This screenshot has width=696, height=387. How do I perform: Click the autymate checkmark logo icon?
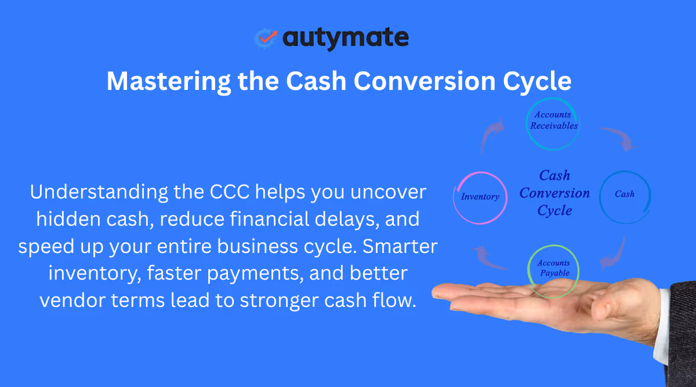pyautogui.click(x=266, y=38)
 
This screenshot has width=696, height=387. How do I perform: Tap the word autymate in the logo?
pyautogui.click(x=346, y=38)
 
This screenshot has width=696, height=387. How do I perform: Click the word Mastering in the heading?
pyautogui.click(x=168, y=81)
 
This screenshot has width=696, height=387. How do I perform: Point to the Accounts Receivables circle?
pyautogui.click(x=553, y=124)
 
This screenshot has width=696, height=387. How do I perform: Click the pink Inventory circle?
pyautogui.click(x=480, y=197)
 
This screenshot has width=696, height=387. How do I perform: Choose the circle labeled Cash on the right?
pyautogui.click(x=625, y=194)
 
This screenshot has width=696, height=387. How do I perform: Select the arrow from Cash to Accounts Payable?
pyautogui.click(x=614, y=252)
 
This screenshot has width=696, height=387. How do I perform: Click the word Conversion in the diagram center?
pyautogui.click(x=554, y=193)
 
